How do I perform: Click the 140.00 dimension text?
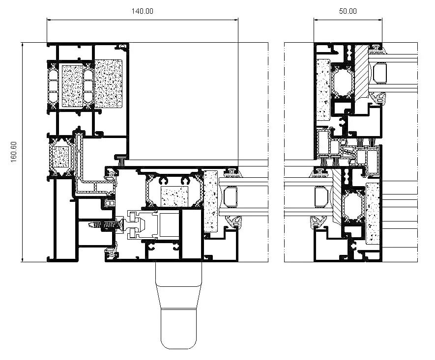pos(143,11)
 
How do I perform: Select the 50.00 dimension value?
pos(348,11)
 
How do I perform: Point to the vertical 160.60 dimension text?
pos(13,151)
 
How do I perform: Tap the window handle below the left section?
pos(178,305)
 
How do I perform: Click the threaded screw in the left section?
pos(104,224)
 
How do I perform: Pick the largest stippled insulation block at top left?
pos(108,83)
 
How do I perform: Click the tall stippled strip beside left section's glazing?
pos(210,201)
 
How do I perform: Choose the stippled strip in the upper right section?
pos(323,89)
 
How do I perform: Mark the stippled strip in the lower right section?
pos(374,212)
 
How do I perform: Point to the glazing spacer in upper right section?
pos(380,74)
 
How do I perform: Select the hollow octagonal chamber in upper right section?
pos(342,81)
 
